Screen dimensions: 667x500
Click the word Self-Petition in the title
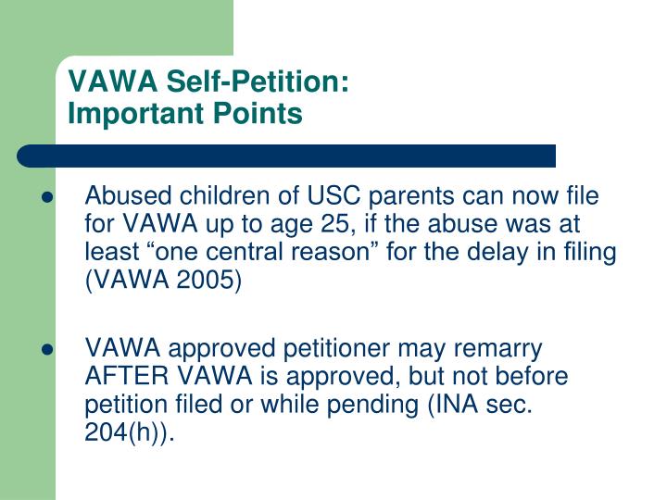click(258, 81)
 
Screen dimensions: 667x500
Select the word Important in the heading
click(136, 114)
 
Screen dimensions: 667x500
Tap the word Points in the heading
click(258, 113)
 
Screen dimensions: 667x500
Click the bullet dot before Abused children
click(47, 197)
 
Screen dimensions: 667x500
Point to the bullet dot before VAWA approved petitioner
click(47, 349)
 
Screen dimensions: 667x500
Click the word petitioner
click(336, 349)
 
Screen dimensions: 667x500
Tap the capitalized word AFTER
click(126, 376)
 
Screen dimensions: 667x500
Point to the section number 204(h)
click(124, 432)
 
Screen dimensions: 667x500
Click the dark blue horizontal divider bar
click(286, 156)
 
